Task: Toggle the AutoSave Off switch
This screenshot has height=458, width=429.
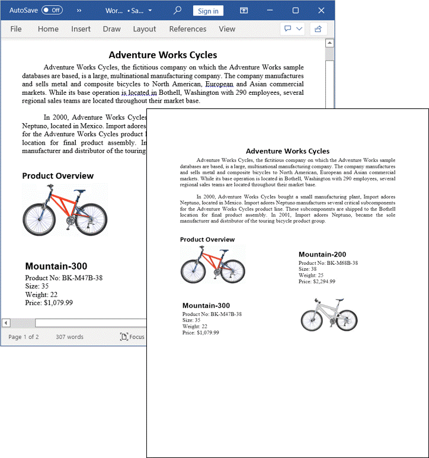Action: [52, 11]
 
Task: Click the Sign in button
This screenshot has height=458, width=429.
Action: [208, 11]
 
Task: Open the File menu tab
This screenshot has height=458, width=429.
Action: [16, 29]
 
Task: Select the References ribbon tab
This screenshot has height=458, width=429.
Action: [187, 29]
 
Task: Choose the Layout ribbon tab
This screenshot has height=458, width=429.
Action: [145, 29]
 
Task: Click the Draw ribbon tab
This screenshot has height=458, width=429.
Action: [111, 29]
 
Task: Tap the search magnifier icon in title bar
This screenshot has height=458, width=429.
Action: [177, 11]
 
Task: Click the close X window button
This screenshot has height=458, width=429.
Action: [321, 11]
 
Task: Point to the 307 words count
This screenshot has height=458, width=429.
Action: [69, 337]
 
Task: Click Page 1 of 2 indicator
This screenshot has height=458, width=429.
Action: [24, 337]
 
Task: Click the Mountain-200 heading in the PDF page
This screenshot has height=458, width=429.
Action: [322, 255]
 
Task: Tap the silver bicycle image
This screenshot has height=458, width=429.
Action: [329, 314]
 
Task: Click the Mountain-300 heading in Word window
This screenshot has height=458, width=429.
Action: [56, 267]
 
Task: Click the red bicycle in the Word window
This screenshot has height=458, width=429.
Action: [65, 210]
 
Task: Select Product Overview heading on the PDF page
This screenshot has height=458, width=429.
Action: [207, 239]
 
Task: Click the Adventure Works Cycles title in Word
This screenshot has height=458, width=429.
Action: [163, 55]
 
